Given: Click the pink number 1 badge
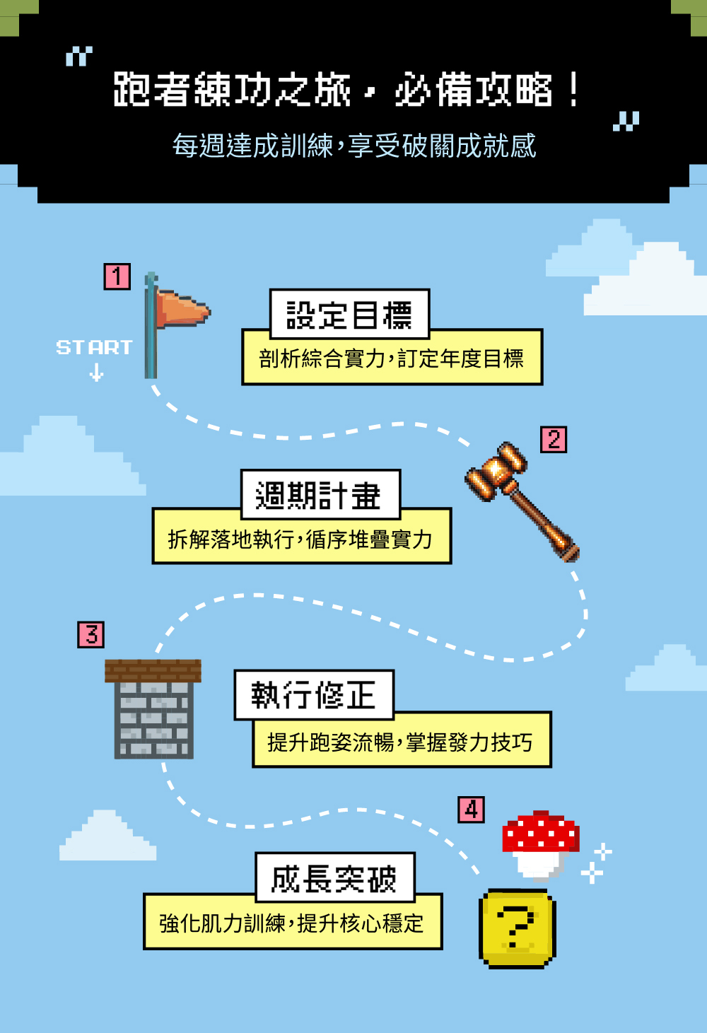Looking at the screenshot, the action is click(117, 276).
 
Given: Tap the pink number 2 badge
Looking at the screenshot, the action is click(554, 439).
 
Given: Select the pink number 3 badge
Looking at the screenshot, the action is click(90, 635).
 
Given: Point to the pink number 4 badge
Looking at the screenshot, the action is click(471, 809).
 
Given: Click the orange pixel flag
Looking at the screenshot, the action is click(181, 310).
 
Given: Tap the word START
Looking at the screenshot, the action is click(94, 347).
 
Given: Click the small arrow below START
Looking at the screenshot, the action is click(97, 372).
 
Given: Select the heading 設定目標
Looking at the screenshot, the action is click(349, 315).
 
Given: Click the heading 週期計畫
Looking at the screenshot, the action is click(320, 495).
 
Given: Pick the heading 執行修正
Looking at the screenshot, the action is click(313, 695).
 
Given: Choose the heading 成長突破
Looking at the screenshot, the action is click(334, 878).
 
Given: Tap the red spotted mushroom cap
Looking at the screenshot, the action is click(540, 832).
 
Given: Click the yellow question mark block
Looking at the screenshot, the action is click(518, 928).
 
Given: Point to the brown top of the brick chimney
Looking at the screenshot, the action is click(153, 670).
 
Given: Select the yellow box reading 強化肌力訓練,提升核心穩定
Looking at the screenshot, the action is click(292, 923).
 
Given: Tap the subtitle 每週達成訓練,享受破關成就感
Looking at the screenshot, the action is click(354, 146).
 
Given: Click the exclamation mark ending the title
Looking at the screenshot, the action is click(574, 90).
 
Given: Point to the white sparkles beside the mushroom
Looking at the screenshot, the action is click(596, 863).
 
